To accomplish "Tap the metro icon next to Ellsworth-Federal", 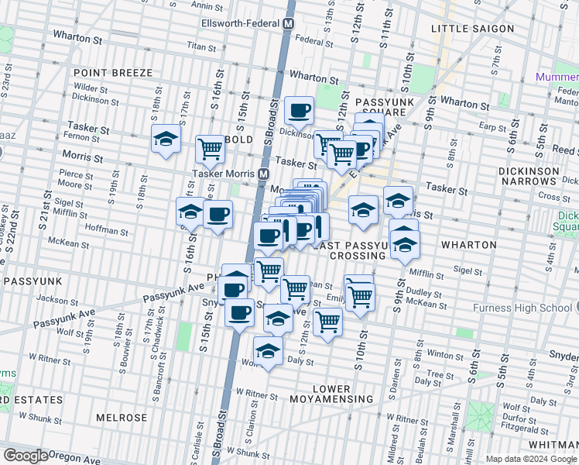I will click(x=288, y=24).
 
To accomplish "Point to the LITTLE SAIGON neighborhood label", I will click(x=472, y=29).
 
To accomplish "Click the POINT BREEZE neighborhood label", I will click(x=113, y=73).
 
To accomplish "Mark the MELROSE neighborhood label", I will click(x=122, y=418).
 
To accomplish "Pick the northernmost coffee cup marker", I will click(x=299, y=111).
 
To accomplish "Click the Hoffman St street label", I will click(x=108, y=231).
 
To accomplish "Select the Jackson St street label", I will click(x=53, y=298).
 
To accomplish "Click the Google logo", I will click(x=26, y=456).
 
